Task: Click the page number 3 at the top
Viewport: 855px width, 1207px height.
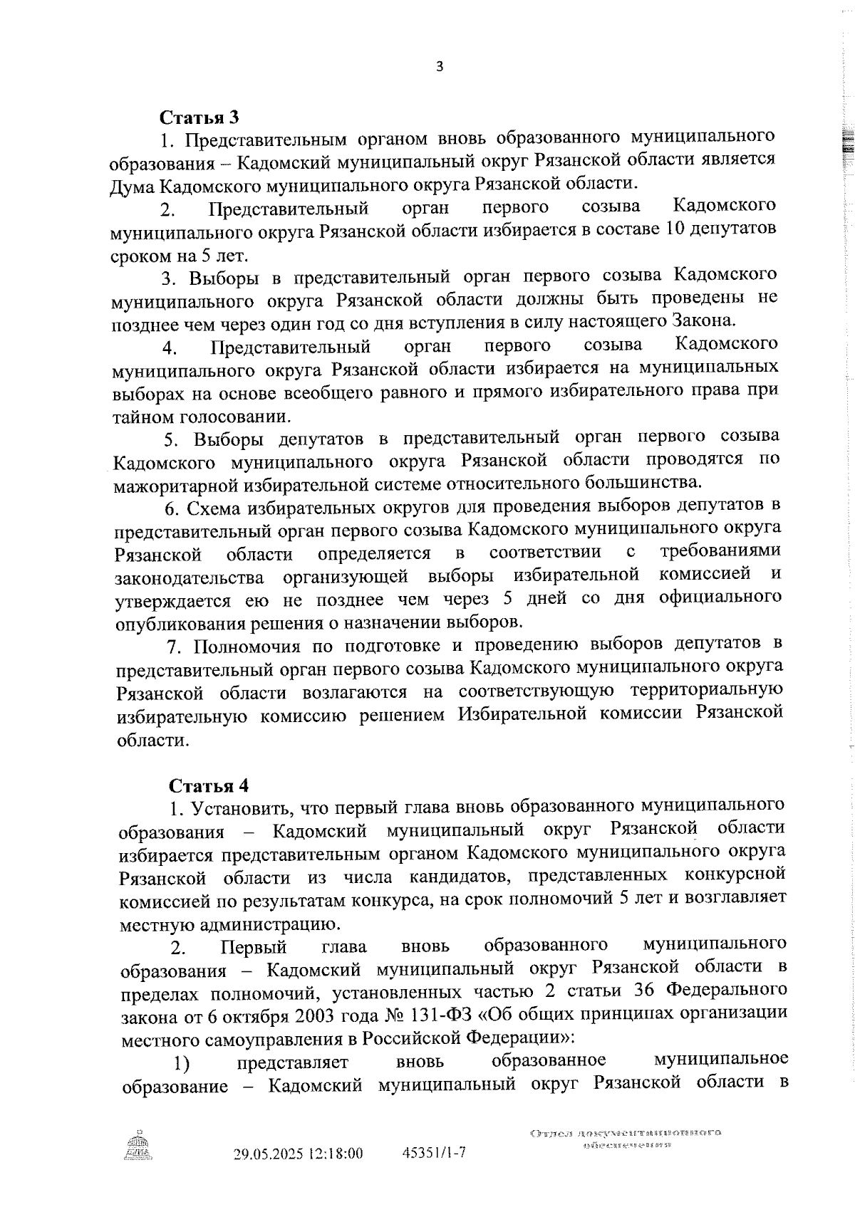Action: click(439, 67)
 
